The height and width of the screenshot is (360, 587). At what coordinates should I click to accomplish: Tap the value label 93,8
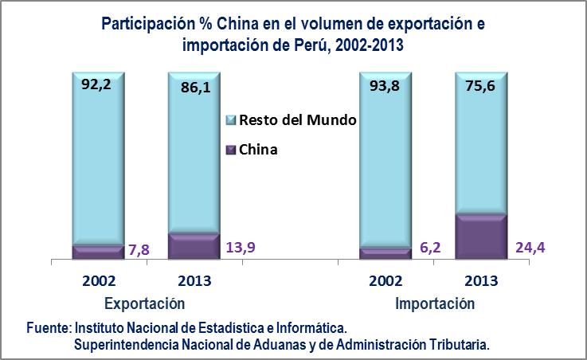pyautogui.click(x=385, y=82)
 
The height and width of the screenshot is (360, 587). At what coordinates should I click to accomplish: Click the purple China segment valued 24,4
pyautogui.click(x=480, y=237)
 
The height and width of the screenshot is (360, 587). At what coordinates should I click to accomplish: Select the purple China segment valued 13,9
pyautogui.click(x=194, y=247)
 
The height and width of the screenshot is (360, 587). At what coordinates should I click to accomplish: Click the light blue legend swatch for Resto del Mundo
pyautogui.click(x=231, y=120)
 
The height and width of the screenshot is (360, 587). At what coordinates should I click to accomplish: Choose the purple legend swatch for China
pyautogui.click(x=231, y=149)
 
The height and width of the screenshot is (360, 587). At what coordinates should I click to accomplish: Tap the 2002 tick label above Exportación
pyautogui.click(x=98, y=281)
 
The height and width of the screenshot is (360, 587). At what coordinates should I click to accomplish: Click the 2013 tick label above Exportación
pyautogui.click(x=193, y=281)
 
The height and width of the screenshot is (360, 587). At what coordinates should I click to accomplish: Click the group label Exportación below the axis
pyautogui.click(x=145, y=303)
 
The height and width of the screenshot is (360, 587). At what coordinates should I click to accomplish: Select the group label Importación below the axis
pyautogui.click(x=435, y=303)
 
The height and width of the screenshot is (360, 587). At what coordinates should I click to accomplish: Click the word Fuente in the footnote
pyautogui.click(x=49, y=328)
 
